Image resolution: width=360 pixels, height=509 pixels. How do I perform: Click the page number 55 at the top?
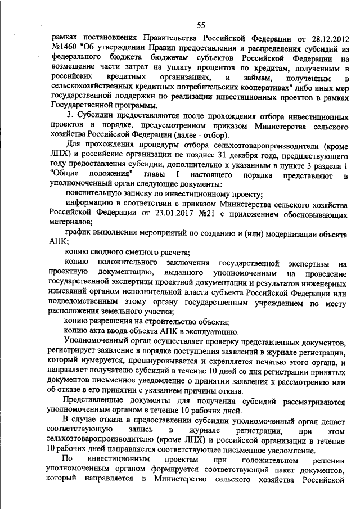click(201, 25)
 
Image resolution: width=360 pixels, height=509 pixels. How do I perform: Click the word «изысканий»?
click(70, 292)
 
